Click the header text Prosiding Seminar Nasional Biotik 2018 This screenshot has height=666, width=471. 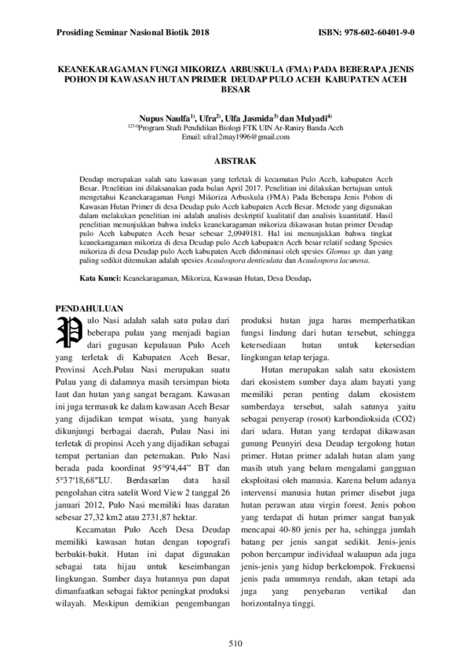[134, 35]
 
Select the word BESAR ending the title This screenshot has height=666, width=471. [236, 89]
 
